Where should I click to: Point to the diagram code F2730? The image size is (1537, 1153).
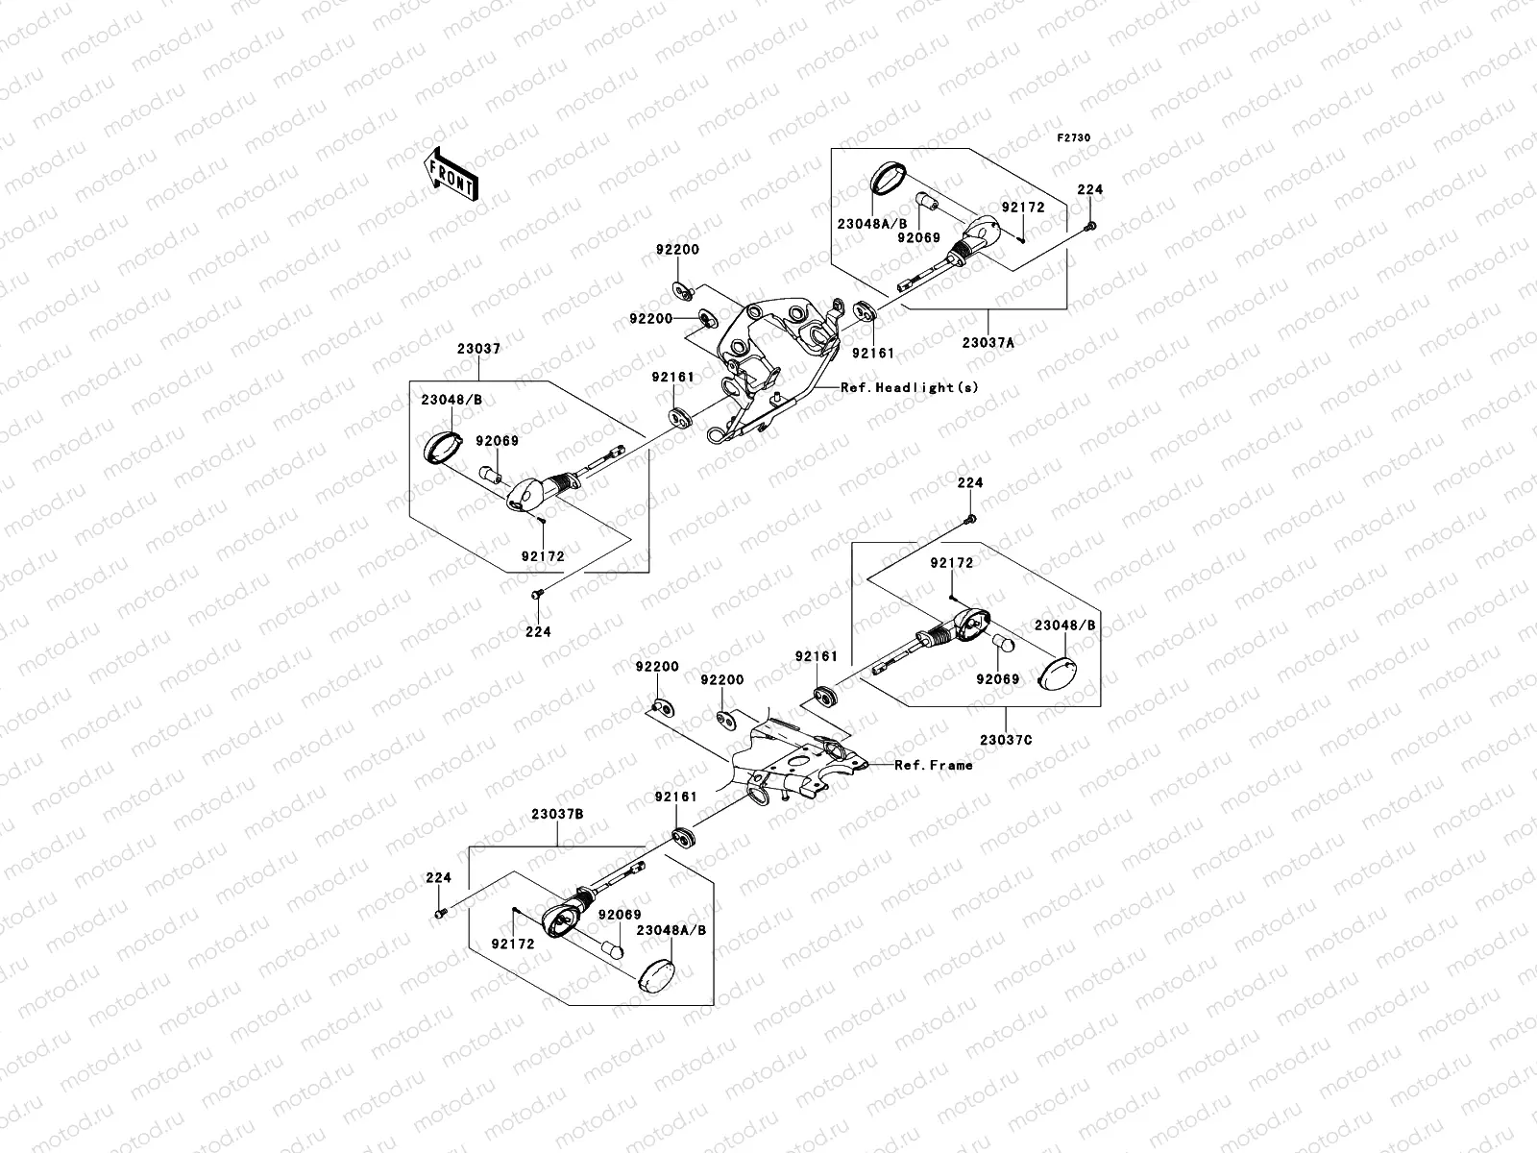1074,138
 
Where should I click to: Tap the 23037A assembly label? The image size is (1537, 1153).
988,340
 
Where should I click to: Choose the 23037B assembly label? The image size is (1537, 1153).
556,813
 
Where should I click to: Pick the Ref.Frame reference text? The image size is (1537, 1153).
933,765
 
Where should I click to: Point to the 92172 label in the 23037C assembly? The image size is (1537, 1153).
951,563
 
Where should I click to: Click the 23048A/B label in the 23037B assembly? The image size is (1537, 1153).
671,930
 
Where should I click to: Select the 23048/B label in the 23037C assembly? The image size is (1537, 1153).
1064,625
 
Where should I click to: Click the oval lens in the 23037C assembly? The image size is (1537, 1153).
1061,671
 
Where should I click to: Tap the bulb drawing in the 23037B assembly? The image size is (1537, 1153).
611,951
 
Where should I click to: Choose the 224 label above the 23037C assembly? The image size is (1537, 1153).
969,483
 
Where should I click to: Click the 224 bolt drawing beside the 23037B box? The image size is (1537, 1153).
440,912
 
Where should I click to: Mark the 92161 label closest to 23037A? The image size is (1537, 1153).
872,353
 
